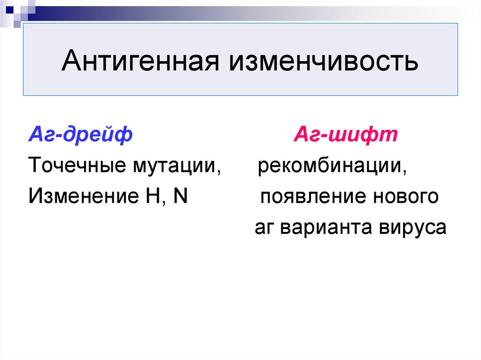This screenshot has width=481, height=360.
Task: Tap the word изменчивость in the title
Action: click(323, 61)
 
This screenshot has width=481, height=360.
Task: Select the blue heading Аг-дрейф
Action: click(80, 134)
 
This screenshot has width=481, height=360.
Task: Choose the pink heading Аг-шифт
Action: click(345, 134)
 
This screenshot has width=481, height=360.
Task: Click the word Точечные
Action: click(77, 165)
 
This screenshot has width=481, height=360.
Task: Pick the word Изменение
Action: click(84, 196)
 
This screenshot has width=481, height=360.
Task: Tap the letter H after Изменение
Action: click(153, 196)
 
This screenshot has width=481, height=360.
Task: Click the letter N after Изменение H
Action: click(180, 196)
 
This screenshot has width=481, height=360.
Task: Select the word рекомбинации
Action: click(330, 166)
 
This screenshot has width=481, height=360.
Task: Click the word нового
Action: click(406, 196)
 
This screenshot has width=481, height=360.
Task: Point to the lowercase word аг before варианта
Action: click(264, 227)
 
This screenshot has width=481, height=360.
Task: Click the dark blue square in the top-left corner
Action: click(9, 9)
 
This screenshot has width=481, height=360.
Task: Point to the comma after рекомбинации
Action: click(404, 172)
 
